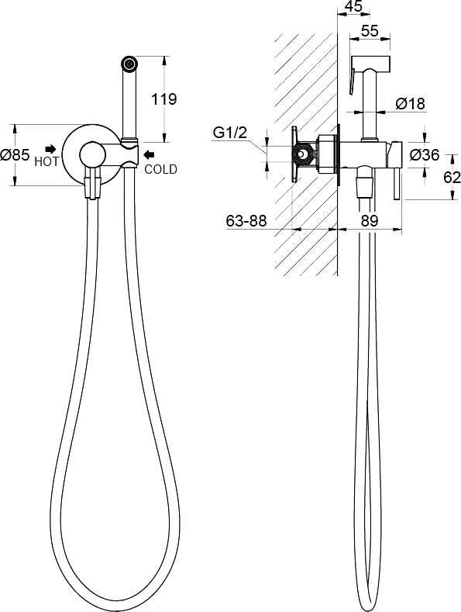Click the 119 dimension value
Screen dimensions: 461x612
tap(163, 99)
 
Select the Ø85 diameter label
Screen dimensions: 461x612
tap(15, 155)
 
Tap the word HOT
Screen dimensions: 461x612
tap(46, 161)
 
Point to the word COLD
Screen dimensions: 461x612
tap(160, 169)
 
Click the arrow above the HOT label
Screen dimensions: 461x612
tap(50, 149)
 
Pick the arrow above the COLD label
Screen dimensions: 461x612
tap(149, 155)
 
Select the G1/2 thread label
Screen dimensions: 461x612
tap(230, 133)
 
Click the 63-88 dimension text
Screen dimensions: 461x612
tap(246, 221)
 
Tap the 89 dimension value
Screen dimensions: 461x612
tap(370, 221)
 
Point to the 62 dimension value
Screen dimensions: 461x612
tap(452, 178)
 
